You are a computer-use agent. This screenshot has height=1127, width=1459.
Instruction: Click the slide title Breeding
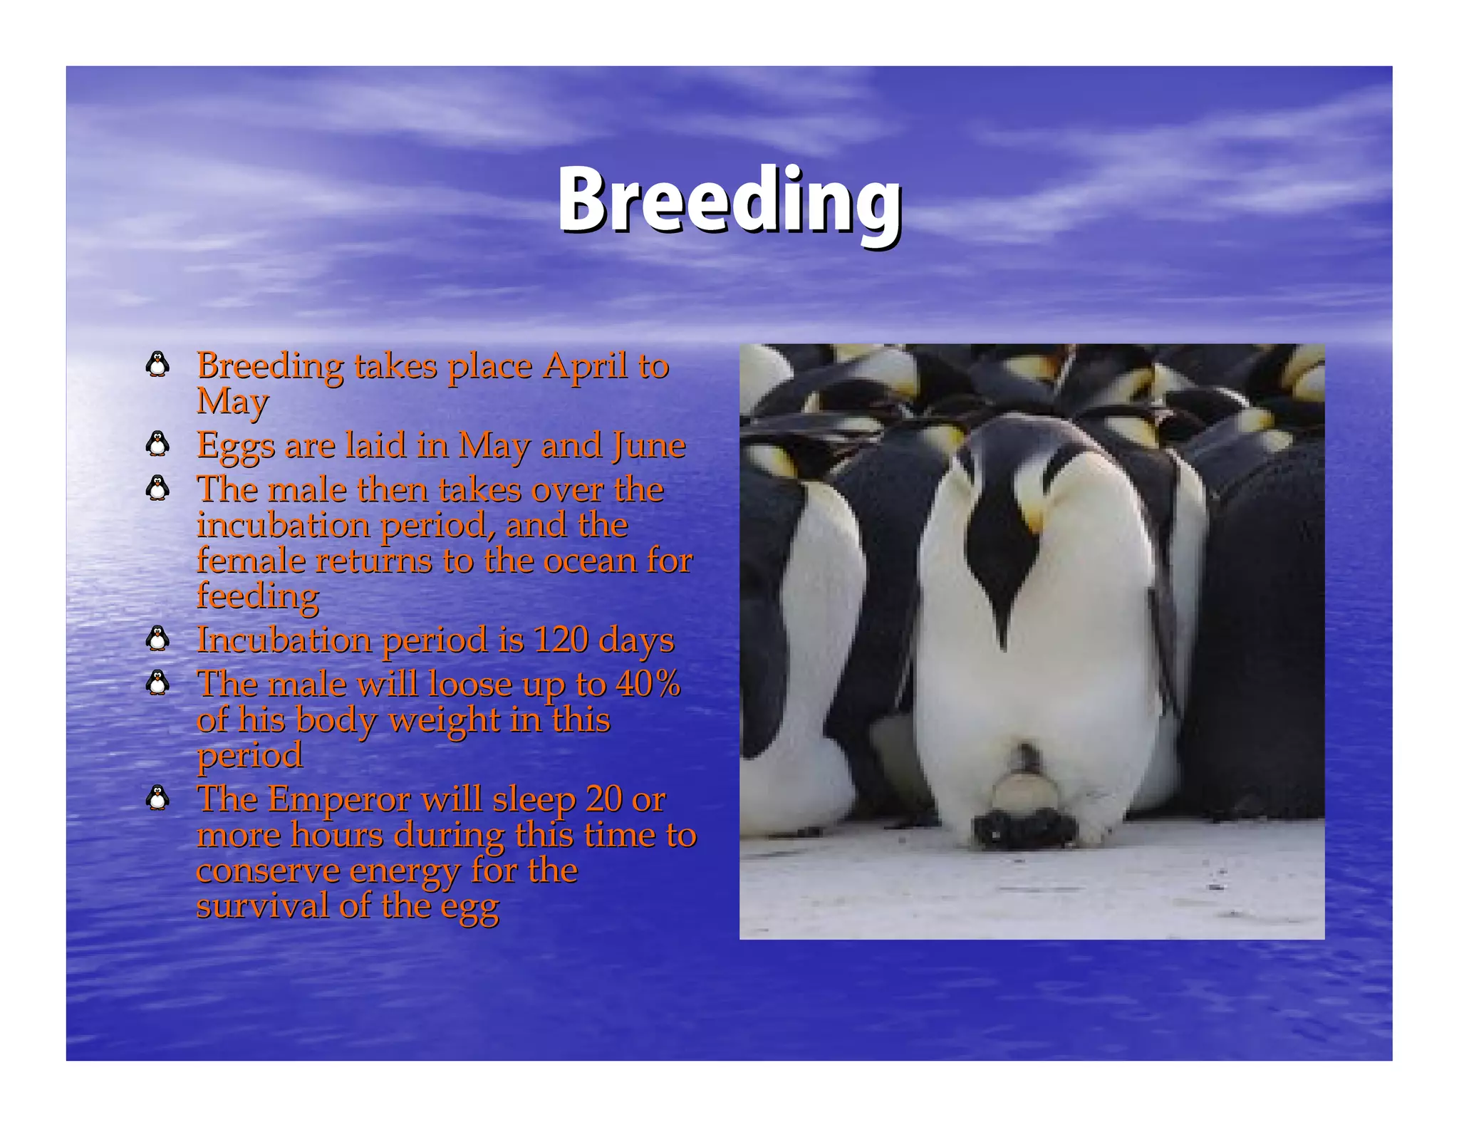(x=729, y=200)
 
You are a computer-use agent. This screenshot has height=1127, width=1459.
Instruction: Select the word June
(x=648, y=446)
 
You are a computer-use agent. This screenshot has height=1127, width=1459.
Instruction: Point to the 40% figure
(x=648, y=684)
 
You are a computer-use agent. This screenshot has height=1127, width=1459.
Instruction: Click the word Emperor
(x=339, y=799)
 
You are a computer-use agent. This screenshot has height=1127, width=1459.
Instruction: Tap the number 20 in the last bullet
(x=604, y=799)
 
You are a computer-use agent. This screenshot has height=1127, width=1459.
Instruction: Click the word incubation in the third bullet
(x=282, y=526)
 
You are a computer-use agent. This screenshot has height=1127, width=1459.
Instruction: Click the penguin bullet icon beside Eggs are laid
(x=157, y=445)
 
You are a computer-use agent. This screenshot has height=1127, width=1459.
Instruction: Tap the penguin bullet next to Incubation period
(x=157, y=638)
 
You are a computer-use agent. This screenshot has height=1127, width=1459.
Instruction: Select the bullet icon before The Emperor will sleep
(x=157, y=798)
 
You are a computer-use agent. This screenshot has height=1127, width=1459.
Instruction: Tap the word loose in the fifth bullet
(x=470, y=684)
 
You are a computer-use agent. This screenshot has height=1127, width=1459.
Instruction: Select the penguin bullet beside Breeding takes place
(x=157, y=365)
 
